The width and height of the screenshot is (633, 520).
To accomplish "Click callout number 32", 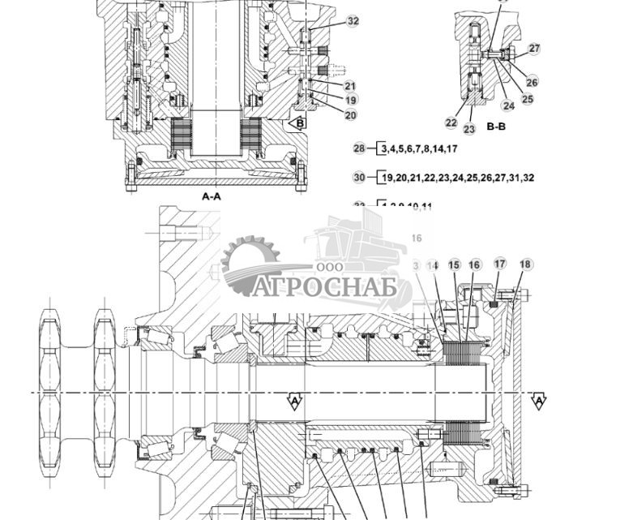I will pos(353,22).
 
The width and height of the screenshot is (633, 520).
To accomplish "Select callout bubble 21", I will pos(349,86).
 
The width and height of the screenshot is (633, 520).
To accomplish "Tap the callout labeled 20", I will pos(350,115).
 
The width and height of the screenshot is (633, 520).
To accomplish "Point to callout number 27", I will pos(533,49).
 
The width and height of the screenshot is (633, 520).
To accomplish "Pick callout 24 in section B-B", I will pos(508,105).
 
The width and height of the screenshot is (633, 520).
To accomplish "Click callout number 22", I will pos(451,122).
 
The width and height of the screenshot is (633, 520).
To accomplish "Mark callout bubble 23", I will pos(469,129).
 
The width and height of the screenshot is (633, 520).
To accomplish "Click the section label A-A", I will pos(211,196).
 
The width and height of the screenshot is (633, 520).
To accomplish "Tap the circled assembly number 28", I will pos(360,148).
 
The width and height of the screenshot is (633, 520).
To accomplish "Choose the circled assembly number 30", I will pos(360,178).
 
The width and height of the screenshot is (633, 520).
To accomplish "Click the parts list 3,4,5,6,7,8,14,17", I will pos(420,148).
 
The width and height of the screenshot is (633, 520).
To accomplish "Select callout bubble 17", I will pos(500,264).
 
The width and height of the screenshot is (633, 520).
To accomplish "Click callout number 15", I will pos(454,265).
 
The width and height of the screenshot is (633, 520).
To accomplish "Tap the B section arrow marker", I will pos(297,123).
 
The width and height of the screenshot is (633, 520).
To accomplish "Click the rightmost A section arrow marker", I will pos(537,402).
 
